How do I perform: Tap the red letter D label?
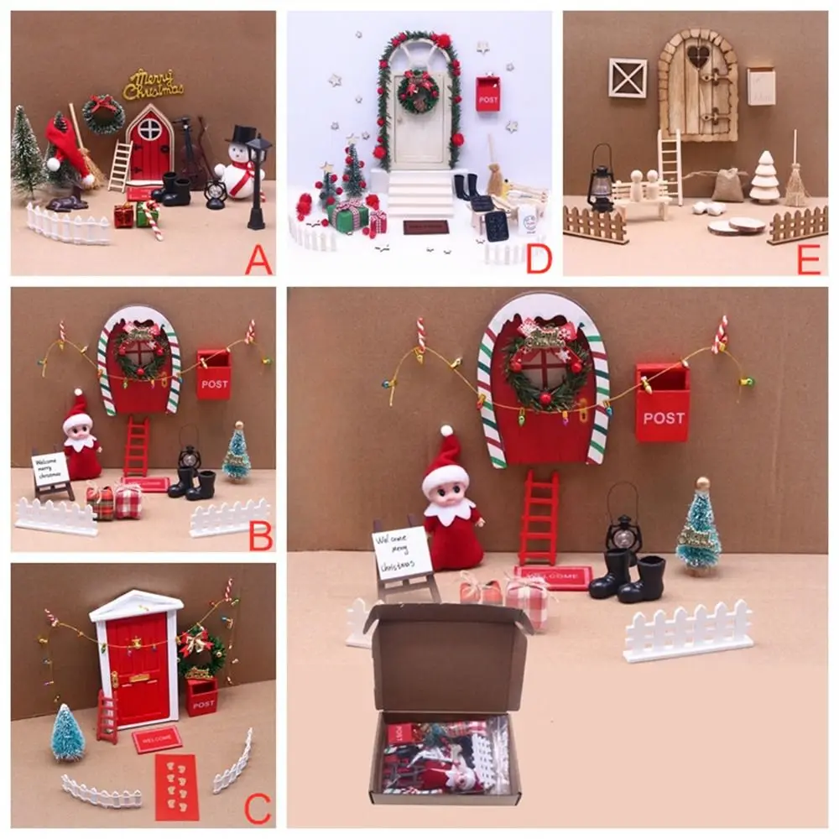pos(538,262)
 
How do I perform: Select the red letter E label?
pos(808,262)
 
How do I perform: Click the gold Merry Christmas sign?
pos(153,85)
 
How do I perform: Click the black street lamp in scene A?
pos(258,181)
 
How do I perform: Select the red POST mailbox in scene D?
pos(487,94)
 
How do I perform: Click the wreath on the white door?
pos(418,91)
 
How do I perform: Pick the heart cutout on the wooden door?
pos(697,56)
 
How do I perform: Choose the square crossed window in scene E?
pos(628,78)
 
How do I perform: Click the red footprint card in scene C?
pos(177,786)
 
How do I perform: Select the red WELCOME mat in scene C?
pos(157,739)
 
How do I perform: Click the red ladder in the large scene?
pos(538,518)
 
